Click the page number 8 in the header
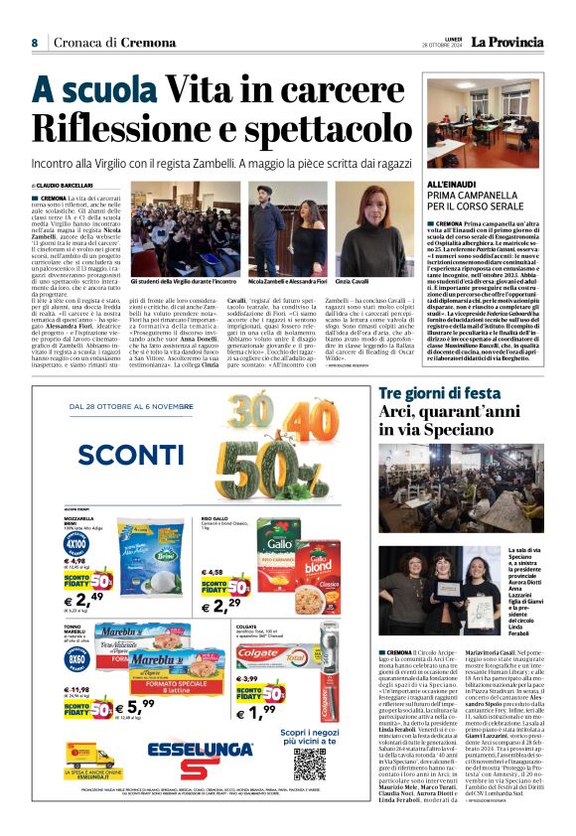(x=34, y=43)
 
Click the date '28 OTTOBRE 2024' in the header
(x=447, y=46)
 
